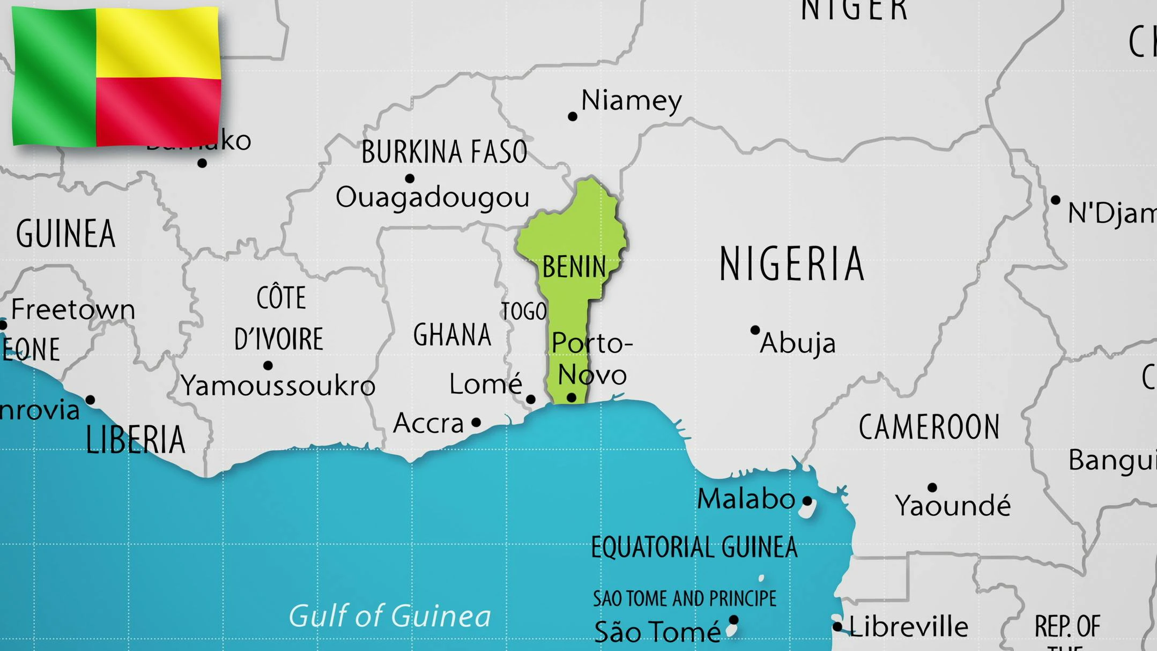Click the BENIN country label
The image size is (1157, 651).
(x=574, y=267)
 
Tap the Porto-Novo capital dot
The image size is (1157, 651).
(x=572, y=397)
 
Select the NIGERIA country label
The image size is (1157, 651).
(x=791, y=263)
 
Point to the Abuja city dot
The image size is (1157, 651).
(x=755, y=330)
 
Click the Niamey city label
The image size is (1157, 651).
(x=631, y=100)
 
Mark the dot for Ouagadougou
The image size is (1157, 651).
(x=410, y=178)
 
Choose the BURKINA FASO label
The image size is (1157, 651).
(x=444, y=152)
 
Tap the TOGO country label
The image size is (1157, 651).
(x=524, y=312)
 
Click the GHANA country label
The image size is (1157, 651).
(x=452, y=335)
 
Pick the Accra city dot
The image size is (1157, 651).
(x=476, y=423)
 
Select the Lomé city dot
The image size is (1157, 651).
(x=531, y=399)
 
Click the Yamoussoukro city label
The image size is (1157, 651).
(x=278, y=386)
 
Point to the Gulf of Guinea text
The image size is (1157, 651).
(x=389, y=616)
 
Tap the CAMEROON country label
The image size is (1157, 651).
(x=929, y=427)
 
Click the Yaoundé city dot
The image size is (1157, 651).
(x=932, y=487)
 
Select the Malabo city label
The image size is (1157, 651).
(x=745, y=499)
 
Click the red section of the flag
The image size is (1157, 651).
(x=158, y=110)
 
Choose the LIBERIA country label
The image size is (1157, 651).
(x=135, y=440)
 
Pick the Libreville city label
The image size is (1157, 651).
(x=909, y=626)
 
